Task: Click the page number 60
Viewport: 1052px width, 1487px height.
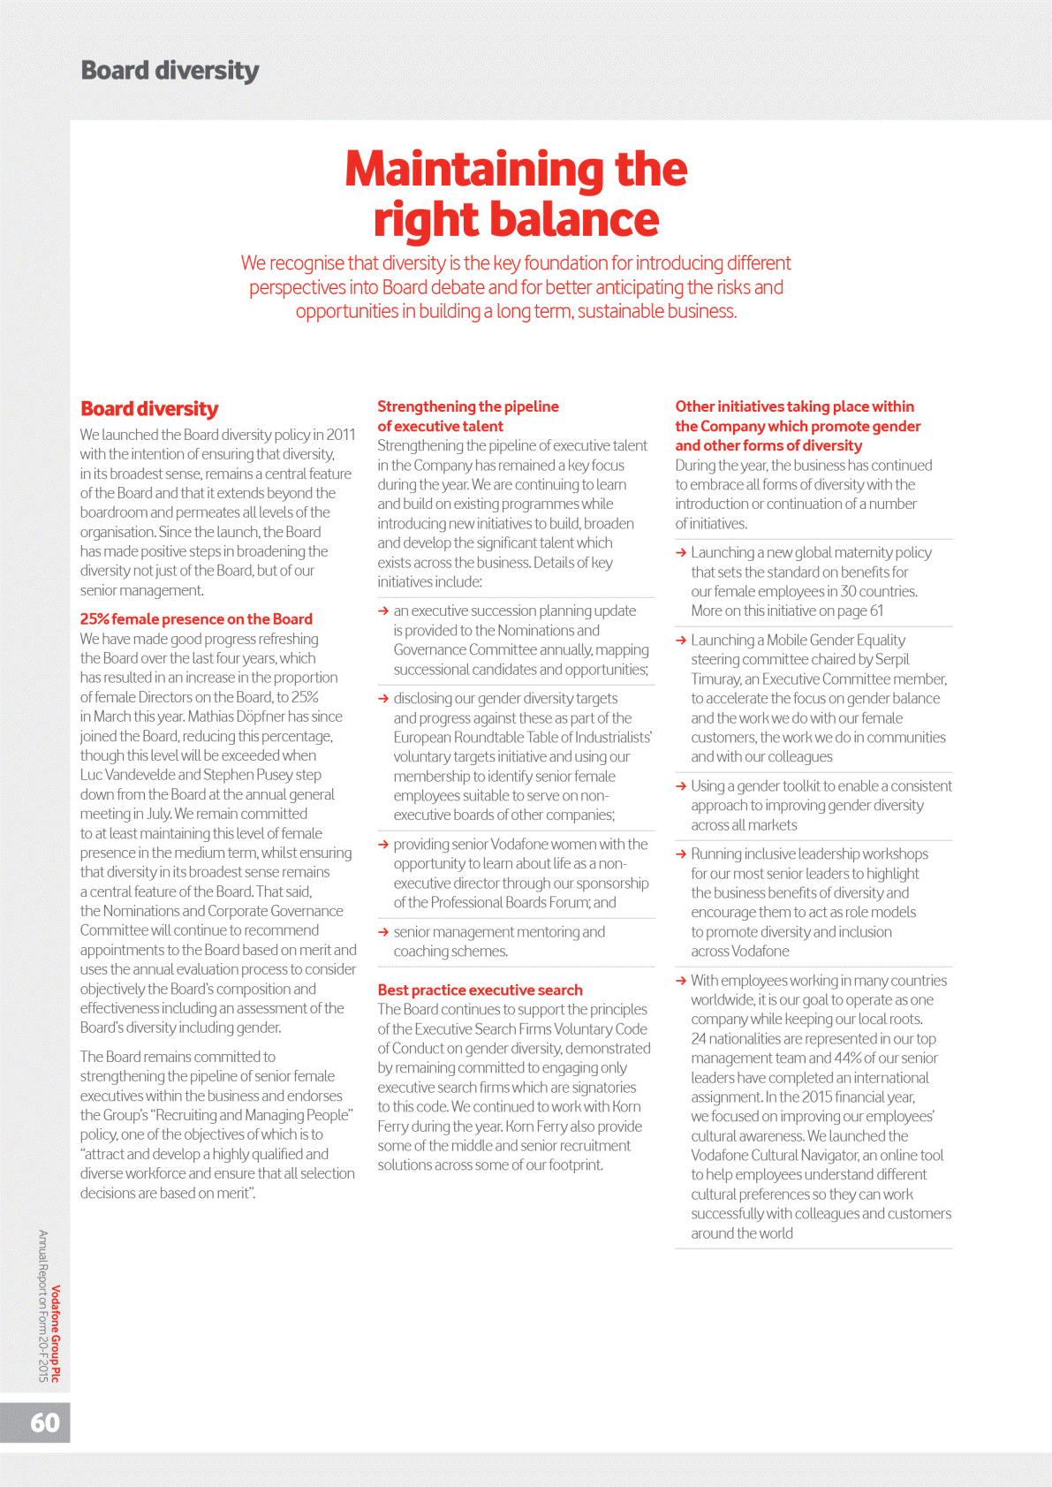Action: point(45,1423)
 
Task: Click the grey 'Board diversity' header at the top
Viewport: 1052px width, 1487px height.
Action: point(170,71)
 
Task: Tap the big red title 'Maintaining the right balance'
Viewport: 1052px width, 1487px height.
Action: point(516,193)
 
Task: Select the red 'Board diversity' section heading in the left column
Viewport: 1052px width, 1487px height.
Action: point(149,409)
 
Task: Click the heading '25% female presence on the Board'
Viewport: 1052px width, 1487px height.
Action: point(196,619)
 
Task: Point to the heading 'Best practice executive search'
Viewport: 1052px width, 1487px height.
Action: point(480,990)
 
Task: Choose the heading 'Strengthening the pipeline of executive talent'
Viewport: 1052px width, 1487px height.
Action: point(467,416)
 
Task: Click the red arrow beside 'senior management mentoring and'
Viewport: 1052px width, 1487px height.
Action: point(383,932)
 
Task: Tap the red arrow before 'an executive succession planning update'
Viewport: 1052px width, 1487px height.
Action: point(383,611)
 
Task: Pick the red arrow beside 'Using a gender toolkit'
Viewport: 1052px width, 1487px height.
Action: point(681,786)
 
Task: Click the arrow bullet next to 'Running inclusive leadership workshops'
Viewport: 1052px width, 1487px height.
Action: point(681,854)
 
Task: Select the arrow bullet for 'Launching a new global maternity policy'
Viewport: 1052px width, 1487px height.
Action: point(681,553)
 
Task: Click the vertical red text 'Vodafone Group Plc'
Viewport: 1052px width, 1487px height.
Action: point(56,1333)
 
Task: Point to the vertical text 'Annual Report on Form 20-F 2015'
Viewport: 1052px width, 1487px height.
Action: point(43,1306)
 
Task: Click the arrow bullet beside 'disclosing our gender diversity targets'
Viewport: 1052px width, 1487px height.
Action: point(383,699)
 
